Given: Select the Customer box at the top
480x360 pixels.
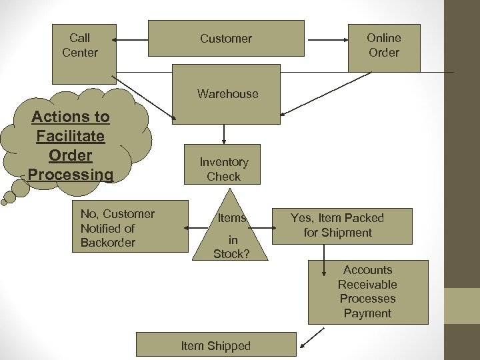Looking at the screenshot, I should [225, 38].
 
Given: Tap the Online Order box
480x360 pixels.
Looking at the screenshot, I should [384, 45].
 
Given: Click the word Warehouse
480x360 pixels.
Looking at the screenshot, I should [227, 94].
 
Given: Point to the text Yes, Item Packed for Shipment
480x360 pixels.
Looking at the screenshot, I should [337, 225].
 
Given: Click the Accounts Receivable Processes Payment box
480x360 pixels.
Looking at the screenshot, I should [367, 291].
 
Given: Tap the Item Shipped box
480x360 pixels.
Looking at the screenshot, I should [216, 345].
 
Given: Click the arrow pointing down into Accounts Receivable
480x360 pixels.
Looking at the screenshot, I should [324, 260].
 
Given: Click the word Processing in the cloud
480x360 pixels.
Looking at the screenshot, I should [71, 175].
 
